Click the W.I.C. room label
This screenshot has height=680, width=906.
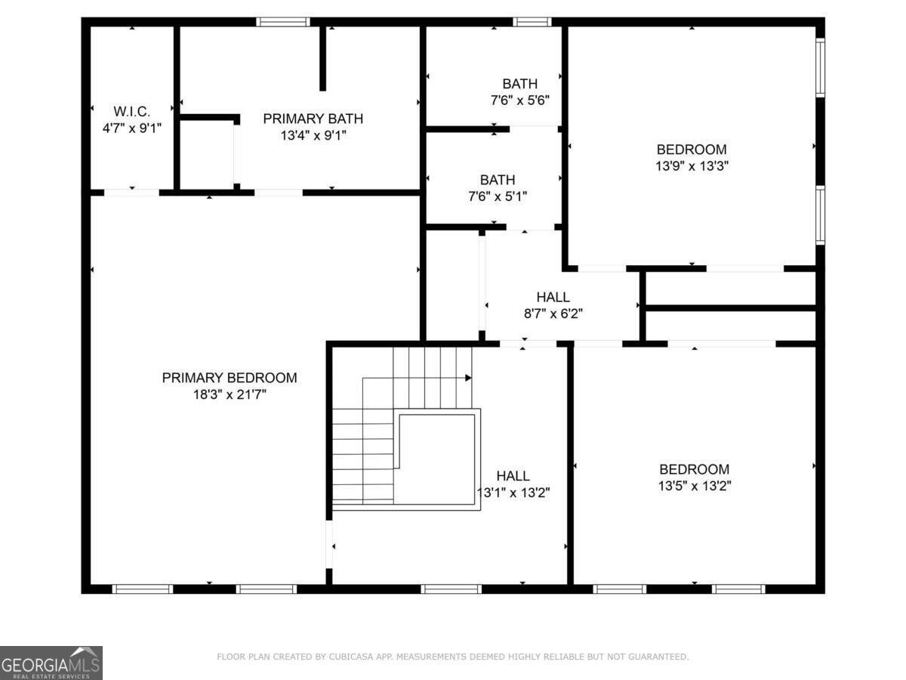(x=132, y=111)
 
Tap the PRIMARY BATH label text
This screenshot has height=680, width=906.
(x=313, y=119)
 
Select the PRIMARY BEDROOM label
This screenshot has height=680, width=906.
(x=230, y=378)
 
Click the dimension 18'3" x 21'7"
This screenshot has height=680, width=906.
(x=230, y=394)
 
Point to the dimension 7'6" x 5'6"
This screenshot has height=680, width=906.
(x=520, y=100)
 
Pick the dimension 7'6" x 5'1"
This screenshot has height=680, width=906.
(x=498, y=196)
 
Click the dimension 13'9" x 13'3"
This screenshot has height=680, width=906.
(x=692, y=165)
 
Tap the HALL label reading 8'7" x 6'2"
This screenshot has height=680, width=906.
(x=553, y=297)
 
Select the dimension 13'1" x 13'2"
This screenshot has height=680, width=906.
(x=513, y=493)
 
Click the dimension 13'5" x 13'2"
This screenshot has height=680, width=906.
(x=694, y=486)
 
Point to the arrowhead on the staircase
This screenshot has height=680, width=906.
(x=469, y=378)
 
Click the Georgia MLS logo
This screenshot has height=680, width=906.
(x=51, y=663)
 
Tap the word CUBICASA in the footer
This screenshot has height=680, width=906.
(x=344, y=657)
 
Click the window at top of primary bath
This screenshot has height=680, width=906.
(x=282, y=22)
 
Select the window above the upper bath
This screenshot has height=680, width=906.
(x=532, y=22)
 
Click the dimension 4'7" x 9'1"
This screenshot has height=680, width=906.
(x=132, y=128)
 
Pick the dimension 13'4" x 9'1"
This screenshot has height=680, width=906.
(x=313, y=135)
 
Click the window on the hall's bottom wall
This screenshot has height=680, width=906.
(x=451, y=589)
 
